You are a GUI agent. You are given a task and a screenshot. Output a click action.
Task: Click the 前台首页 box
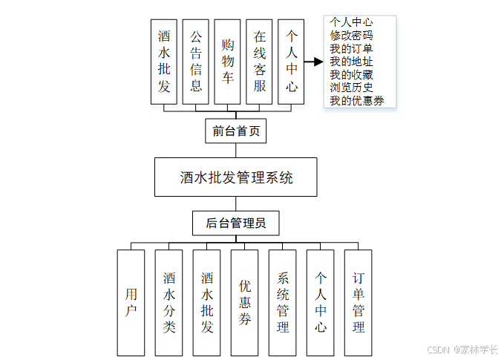click(235, 131)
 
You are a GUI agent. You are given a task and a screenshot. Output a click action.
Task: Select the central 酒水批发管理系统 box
click(236, 177)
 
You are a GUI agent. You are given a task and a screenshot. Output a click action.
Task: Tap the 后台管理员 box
click(235, 222)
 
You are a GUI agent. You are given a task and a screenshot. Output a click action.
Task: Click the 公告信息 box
click(196, 62)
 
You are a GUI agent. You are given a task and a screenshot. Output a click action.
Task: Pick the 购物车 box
click(228, 62)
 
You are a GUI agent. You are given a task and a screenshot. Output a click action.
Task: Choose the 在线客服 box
click(260, 62)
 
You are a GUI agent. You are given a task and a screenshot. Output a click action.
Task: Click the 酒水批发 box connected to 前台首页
click(164, 62)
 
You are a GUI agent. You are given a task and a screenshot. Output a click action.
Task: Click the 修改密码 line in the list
click(351, 35)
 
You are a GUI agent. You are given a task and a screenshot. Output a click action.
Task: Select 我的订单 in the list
click(351, 48)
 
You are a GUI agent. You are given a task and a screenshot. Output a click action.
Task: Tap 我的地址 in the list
click(351, 62)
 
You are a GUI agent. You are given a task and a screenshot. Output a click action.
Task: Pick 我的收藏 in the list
click(351, 75)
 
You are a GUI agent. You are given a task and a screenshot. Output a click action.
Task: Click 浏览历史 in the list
click(351, 88)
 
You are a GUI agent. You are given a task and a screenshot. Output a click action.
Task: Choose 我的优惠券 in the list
click(356, 101)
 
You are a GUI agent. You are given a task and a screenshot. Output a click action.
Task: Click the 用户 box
click(131, 302)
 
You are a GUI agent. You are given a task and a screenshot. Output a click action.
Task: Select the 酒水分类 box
click(168, 302)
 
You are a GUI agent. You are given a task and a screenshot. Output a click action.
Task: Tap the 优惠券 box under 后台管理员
click(244, 302)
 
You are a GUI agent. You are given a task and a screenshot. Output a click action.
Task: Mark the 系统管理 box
click(282, 302)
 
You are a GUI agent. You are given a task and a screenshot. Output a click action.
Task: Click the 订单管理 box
click(359, 302)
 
